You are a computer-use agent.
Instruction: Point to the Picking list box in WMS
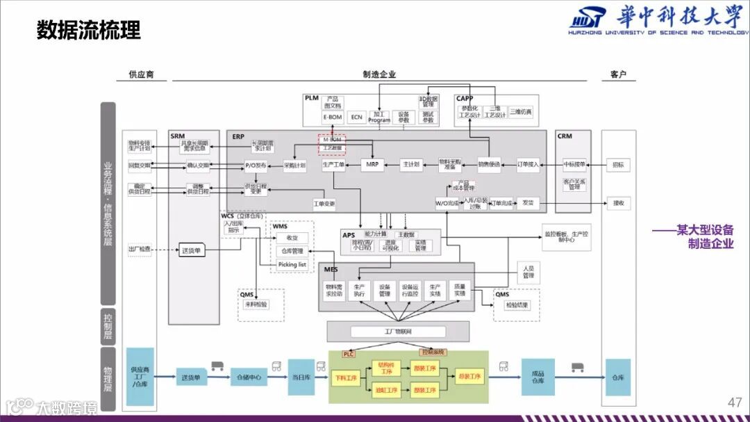coord(292,264)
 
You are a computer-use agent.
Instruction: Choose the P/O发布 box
coord(256,165)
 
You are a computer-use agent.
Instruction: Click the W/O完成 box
coord(447,204)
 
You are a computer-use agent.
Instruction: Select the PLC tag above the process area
coord(349,354)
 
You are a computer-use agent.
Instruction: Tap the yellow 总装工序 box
coord(469,377)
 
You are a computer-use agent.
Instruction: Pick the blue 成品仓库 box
coord(538,377)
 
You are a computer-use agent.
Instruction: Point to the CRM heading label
coord(565,136)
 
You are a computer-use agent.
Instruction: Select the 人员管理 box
coord(528,272)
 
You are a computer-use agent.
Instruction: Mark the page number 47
coord(734,403)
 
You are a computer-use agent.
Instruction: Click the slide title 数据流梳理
coord(88,31)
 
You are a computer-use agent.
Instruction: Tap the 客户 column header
coord(618,74)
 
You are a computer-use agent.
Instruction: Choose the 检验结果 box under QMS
coord(517,305)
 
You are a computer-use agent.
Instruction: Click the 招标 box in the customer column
coord(618,165)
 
